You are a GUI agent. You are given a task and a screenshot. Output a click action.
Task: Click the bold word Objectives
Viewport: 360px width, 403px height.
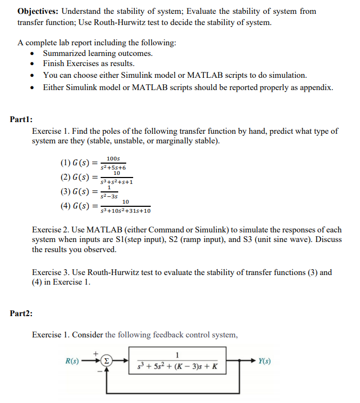(38, 11)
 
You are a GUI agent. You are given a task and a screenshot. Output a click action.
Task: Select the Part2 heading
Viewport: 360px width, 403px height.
(21, 313)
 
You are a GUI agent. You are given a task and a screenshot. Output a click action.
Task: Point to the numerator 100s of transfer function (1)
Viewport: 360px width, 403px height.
(113, 158)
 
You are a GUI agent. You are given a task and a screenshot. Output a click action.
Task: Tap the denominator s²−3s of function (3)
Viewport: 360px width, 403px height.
(109, 196)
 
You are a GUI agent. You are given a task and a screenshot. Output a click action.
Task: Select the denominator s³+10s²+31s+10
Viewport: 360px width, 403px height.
(126, 211)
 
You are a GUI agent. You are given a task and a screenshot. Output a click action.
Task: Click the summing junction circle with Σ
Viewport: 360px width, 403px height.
(108, 361)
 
